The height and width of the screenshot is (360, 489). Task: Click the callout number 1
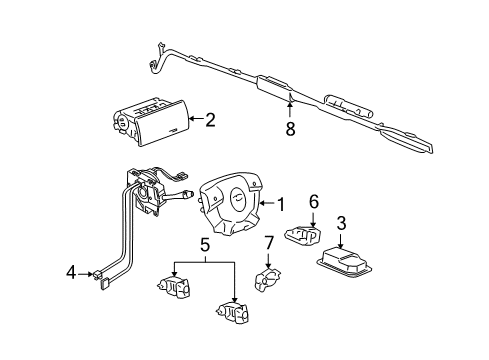[281, 205]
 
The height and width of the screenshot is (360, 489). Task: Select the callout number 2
[210, 121]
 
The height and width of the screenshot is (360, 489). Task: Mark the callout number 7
[268, 243]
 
